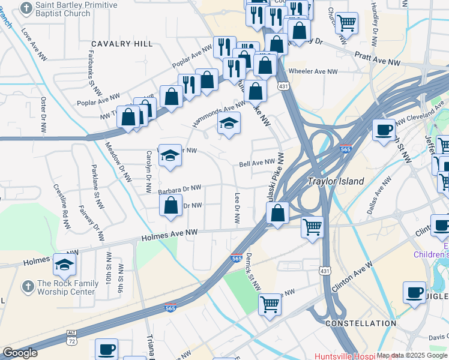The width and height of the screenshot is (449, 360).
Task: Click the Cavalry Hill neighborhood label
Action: click(122, 44)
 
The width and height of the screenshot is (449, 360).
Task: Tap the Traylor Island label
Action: click(336, 181)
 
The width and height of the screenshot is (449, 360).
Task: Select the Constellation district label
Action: click(360, 323)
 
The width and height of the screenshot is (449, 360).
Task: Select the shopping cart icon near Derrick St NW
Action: click(270, 304)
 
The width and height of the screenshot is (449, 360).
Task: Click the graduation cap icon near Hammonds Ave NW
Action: click(228, 124)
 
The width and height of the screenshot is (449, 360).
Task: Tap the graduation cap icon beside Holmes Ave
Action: click(64, 263)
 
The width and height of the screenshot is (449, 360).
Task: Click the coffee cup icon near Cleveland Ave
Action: click(383, 130)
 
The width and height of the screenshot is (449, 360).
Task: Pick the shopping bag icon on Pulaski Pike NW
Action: click(277, 213)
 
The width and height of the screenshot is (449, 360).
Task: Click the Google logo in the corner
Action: click(20, 353)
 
